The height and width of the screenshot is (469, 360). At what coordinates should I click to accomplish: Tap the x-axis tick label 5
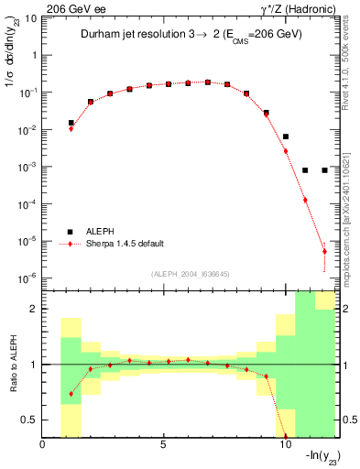[x=163, y=446]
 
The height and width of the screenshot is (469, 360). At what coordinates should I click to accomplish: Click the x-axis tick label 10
[x=284, y=446]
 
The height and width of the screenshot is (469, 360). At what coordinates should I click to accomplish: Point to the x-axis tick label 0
[x=43, y=446]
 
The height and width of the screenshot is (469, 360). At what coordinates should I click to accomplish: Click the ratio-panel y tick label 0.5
[x=29, y=420]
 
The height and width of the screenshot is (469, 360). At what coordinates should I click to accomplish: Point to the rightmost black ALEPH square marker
[x=325, y=169]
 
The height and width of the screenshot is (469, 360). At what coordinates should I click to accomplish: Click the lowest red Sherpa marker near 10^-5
[x=324, y=251]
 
